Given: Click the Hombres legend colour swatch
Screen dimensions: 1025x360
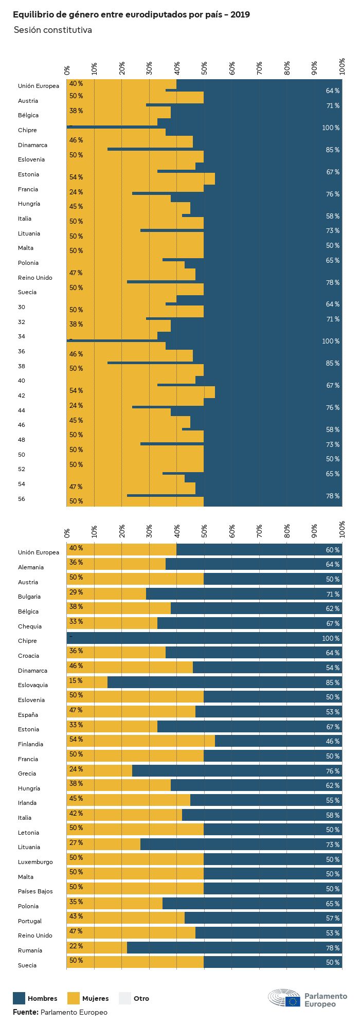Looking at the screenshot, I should (x=19, y=998).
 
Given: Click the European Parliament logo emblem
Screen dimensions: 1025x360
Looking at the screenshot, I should (x=284, y=998).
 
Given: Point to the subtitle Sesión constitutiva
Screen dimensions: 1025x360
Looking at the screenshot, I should (x=53, y=30).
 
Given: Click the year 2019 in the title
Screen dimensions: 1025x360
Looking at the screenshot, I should (x=240, y=15).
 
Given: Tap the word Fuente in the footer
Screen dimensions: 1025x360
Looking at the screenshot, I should (x=25, y=1012).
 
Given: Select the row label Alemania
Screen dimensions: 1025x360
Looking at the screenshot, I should (x=31, y=567).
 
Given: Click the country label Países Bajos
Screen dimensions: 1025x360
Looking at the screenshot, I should (x=35, y=891).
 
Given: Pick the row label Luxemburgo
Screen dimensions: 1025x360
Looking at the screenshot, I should (x=35, y=862).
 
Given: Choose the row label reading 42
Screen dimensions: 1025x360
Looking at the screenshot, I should (x=22, y=395).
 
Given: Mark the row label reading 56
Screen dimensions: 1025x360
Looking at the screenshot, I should (x=22, y=499).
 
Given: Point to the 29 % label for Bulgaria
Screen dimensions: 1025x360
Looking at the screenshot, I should (x=76, y=592).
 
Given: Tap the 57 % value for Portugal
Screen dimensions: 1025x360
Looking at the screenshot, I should (x=333, y=918).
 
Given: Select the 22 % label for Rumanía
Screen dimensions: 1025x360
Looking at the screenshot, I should (x=76, y=946).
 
